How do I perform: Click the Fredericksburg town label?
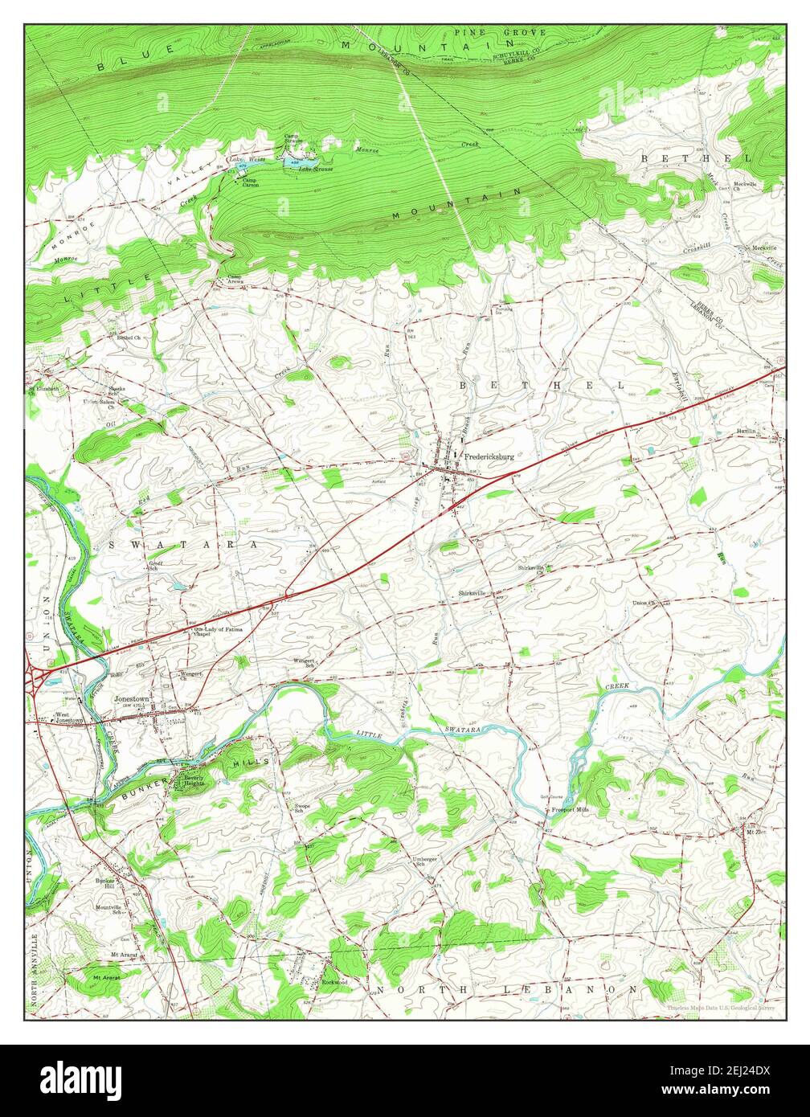click(x=489, y=456)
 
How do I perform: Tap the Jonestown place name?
click(x=132, y=699)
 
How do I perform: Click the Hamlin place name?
click(x=747, y=432)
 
